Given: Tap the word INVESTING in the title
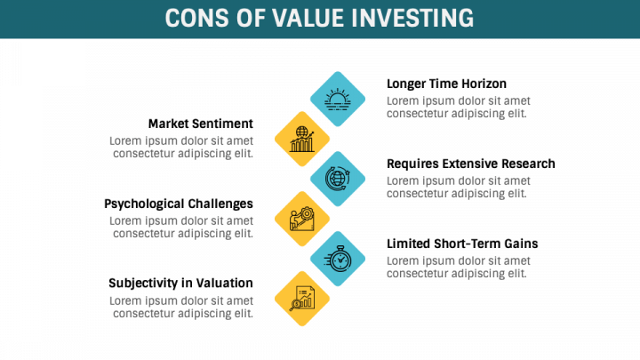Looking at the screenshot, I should click(x=415, y=19).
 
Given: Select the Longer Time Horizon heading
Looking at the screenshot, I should click(x=446, y=84).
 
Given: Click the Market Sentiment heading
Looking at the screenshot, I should click(x=200, y=124).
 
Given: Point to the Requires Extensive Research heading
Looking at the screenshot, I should click(x=470, y=164).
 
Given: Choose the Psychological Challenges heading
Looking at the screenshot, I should click(x=178, y=204).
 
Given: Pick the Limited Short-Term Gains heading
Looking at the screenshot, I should click(x=462, y=244).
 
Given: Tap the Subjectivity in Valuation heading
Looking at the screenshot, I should click(x=180, y=284).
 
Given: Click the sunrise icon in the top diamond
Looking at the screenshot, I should click(x=338, y=98).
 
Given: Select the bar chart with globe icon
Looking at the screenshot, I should click(x=302, y=138).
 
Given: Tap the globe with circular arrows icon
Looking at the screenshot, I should click(x=338, y=178).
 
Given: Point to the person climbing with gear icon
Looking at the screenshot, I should click(x=302, y=218).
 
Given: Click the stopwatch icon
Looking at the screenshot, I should click(x=338, y=258).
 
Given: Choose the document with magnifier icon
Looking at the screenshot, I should click(x=302, y=298).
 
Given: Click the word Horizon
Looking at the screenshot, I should click(x=484, y=84).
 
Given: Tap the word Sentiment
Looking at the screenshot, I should click(x=222, y=124).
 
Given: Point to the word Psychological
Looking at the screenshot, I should click(x=146, y=204).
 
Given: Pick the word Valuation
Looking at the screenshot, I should click(x=225, y=284).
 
